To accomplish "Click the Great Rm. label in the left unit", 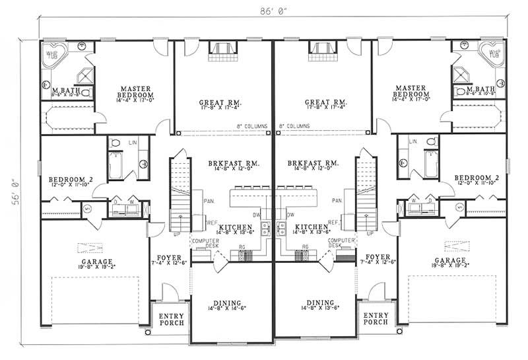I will coord(218,103).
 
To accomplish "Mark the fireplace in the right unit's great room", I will coord(319,50).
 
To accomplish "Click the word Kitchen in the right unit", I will coord(312,227).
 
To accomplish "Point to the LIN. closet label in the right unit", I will coord(412,141).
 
